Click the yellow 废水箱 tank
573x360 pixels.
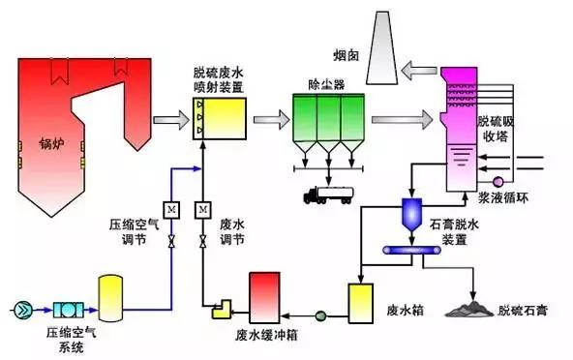[362, 301]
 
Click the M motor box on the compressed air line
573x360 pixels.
[170, 209]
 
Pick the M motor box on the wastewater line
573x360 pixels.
[203, 209]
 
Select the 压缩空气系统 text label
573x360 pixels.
[60, 340]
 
